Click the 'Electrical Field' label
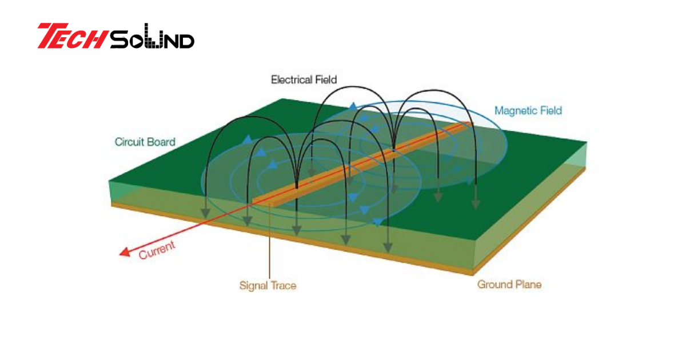click(304, 79)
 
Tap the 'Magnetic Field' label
click(528, 110)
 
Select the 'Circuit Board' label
click(145, 142)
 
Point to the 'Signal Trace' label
click(268, 285)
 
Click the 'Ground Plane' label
click(509, 284)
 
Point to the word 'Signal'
click(253, 285)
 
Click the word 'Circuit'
click(130, 142)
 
